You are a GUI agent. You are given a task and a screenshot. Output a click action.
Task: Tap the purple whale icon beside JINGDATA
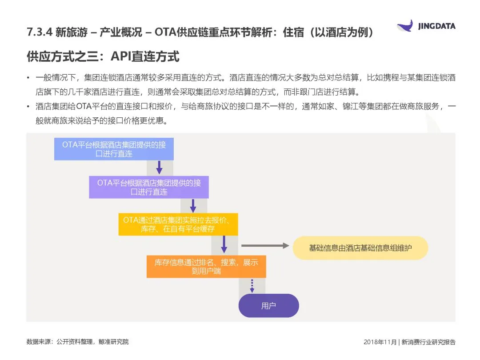coord(405,25)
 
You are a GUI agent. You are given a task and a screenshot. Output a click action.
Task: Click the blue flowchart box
coord(114,149)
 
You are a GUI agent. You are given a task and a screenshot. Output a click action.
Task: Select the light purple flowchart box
coord(149,187)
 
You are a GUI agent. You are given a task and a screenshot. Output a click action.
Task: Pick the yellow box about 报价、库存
coord(178,224)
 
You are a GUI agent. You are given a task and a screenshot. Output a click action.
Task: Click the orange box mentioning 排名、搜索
coord(206,266)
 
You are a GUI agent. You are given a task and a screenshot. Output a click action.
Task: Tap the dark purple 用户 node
coord(268,306)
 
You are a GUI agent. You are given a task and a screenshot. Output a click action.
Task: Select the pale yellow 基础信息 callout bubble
coord(360,248)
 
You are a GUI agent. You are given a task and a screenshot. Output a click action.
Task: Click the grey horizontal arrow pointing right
coord(265,245)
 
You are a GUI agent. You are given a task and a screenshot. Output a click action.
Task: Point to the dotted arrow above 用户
coord(252,285)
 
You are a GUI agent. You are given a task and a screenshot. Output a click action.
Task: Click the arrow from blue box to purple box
coord(159,168)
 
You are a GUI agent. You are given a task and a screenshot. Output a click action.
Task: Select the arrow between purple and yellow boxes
coord(193,205)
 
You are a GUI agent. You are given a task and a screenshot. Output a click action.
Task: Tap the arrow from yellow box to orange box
coord(224,244)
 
